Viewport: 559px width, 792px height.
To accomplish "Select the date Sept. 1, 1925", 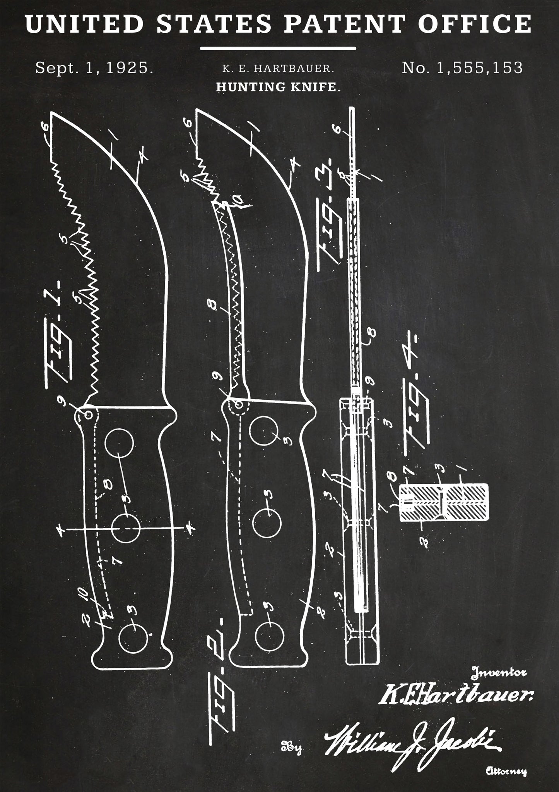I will coord(94,68).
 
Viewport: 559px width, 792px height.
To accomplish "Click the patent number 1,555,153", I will coord(462,68).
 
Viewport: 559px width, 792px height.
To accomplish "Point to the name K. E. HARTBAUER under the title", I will coord(278,69).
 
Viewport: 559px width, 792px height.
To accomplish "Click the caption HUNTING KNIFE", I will coord(278,87).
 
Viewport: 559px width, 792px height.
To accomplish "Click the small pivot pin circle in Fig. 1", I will coord(89,415).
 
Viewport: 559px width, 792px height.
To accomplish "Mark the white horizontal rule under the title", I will coord(278,48).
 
